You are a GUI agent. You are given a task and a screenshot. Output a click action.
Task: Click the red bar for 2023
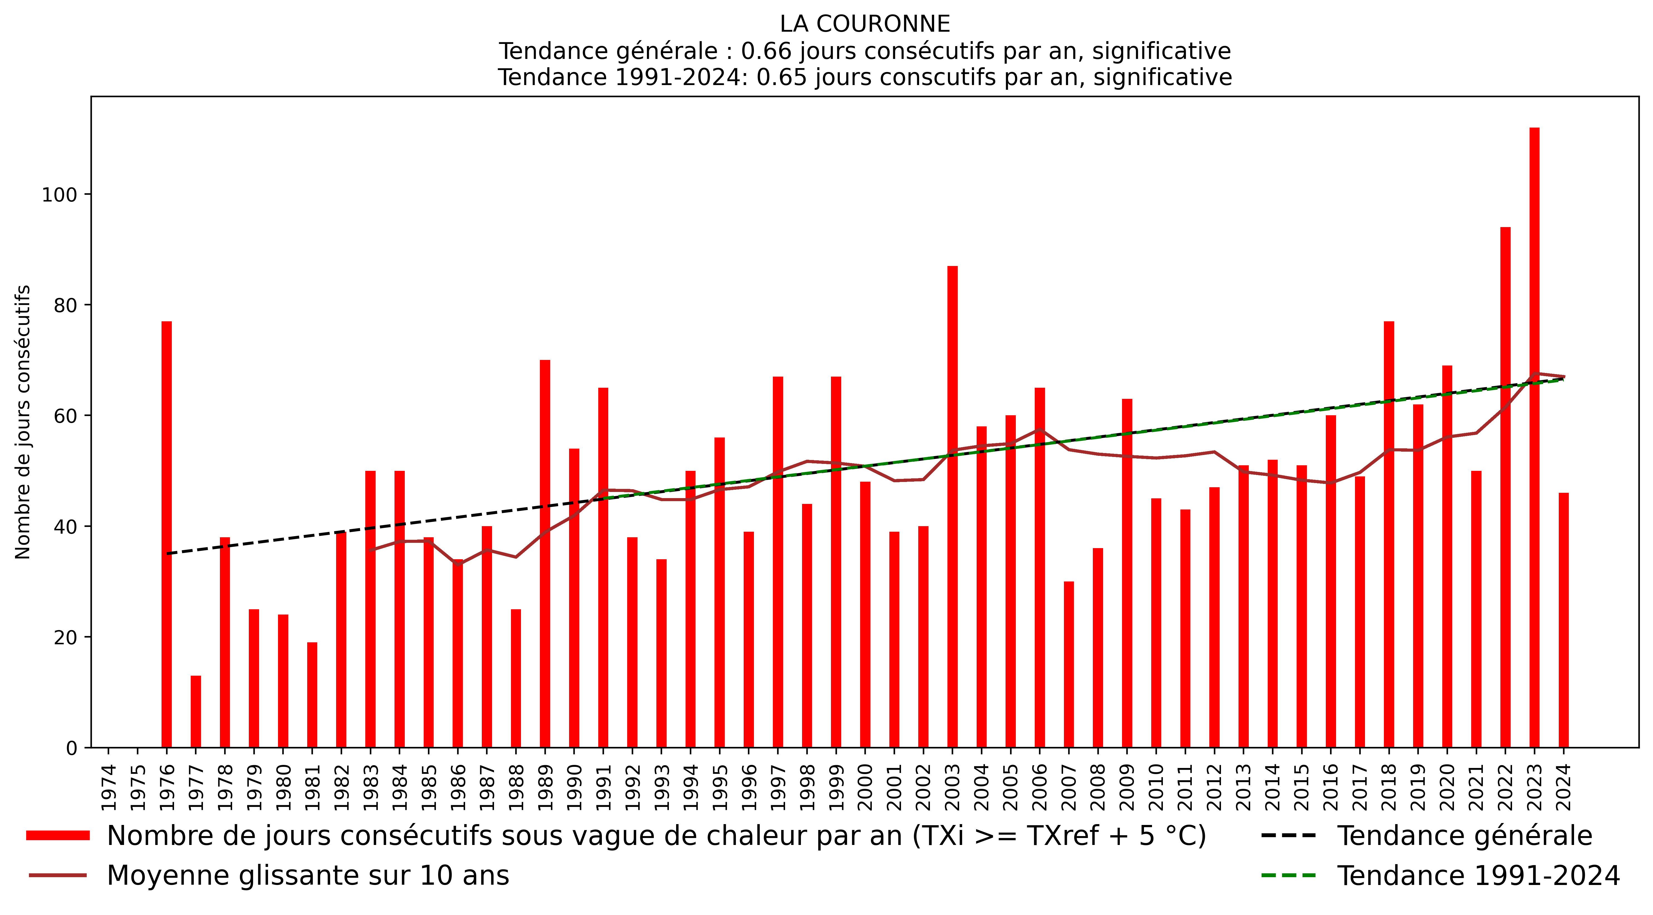click(1534, 436)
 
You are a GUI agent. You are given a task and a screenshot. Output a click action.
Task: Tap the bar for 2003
click(952, 507)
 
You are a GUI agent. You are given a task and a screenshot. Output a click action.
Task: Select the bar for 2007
click(1068, 664)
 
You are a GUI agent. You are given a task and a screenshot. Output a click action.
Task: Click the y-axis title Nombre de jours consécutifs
click(23, 422)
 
